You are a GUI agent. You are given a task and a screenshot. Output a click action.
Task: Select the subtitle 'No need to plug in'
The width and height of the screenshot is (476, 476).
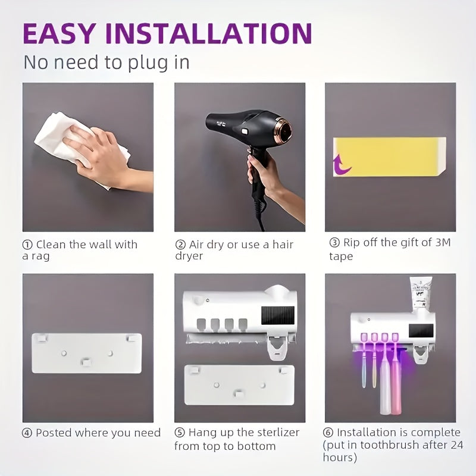tap(106, 62)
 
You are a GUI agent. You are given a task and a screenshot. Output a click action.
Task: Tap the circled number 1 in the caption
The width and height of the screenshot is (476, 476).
tap(27, 245)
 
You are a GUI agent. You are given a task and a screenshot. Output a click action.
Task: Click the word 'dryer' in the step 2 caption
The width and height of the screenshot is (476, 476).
tap(189, 256)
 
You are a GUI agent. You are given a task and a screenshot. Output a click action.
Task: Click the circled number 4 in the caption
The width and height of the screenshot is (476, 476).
tap(27, 433)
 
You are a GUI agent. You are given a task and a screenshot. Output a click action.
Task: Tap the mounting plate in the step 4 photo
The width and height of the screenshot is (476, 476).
tap(87, 353)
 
